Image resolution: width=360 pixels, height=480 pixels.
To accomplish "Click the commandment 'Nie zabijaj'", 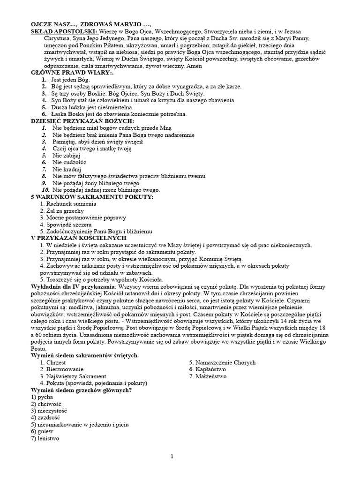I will pyautogui.click(x=67, y=155).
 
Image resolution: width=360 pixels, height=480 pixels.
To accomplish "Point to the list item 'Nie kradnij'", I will pyautogui.click(x=67, y=169).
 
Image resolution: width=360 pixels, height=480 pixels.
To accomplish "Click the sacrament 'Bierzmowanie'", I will pyautogui.click(x=64, y=369).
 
